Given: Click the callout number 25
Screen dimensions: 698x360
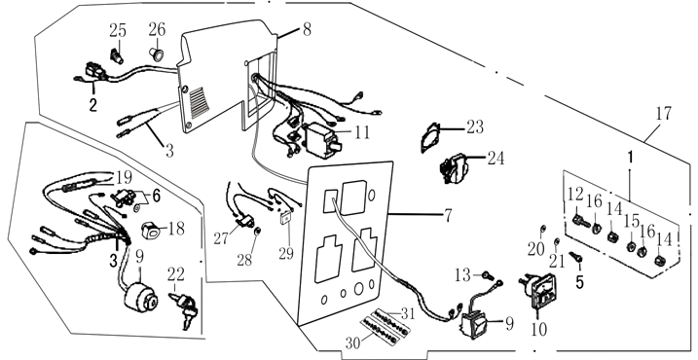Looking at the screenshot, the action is [x=118, y=31].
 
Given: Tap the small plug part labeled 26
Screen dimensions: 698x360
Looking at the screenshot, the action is [x=157, y=55].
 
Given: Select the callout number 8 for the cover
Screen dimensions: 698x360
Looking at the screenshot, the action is [x=307, y=30].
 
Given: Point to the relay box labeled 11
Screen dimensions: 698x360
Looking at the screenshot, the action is [x=321, y=140].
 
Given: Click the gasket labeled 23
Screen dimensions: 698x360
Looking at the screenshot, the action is [x=430, y=137].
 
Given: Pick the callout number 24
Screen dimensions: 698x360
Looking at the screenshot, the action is [x=496, y=158].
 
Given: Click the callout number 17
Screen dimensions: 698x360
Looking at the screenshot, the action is [x=663, y=113].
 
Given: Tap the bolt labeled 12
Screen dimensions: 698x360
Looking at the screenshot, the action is [x=578, y=220].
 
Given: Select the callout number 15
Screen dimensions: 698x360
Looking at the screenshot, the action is [x=632, y=221].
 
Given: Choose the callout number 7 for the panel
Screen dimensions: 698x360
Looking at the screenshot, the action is [x=448, y=216].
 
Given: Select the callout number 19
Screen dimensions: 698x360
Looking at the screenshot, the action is [x=125, y=177].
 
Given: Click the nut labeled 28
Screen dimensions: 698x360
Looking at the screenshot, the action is [x=257, y=232].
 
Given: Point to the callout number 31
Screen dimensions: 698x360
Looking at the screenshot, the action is [x=408, y=314].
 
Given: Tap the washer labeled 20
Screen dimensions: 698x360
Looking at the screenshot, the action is [x=542, y=229].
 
